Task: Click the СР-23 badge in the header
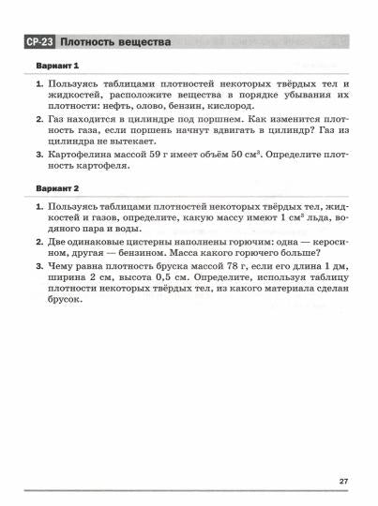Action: point(39,43)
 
